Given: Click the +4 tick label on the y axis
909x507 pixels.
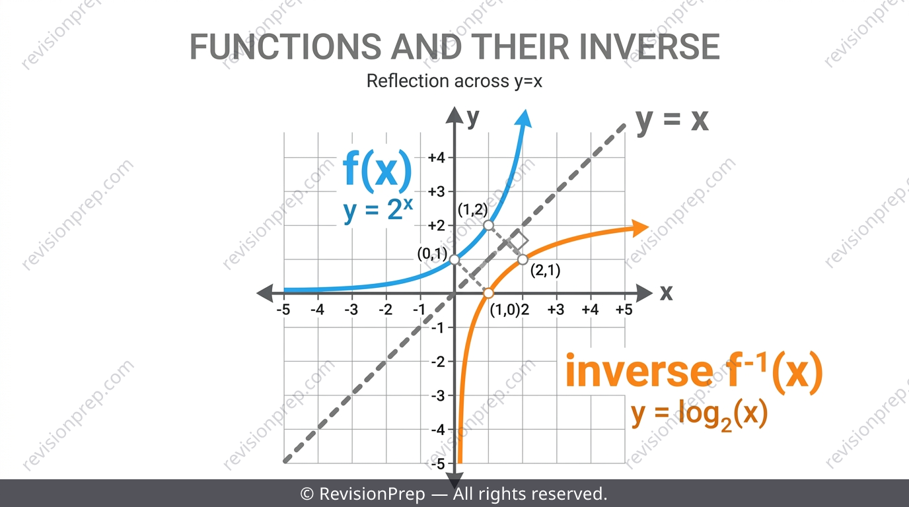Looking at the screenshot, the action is pyautogui.click(x=437, y=157).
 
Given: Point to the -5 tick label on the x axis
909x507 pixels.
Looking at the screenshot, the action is pyautogui.click(x=283, y=310).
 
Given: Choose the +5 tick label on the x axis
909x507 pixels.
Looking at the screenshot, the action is pyautogui.click(x=624, y=310).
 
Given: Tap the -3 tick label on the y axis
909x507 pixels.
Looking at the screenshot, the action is pyautogui.click(x=438, y=395).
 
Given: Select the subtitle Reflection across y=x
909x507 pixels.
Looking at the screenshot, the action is pyautogui.click(x=454, y=81).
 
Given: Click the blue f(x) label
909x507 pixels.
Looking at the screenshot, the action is pyautogui.click(x=377, y=171).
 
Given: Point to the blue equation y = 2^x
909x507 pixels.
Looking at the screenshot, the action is pyautogui.click(x=378, y=210).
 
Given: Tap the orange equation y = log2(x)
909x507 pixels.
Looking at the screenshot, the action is pyautogui.click(x=699, y=415).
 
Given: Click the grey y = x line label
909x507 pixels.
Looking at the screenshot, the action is pyautogui.click(x=673, y=121).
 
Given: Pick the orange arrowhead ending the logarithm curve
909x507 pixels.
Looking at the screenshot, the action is pyautogui.click(x=639, y=228).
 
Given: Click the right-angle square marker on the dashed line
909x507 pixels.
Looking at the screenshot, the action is pyautogui.click(x=518, y=240).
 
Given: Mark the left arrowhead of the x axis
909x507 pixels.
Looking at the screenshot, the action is pyautogui.click(x=266, y=293).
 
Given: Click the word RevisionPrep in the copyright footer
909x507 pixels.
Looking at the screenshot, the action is pyautogui.click(x=372, y=494).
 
